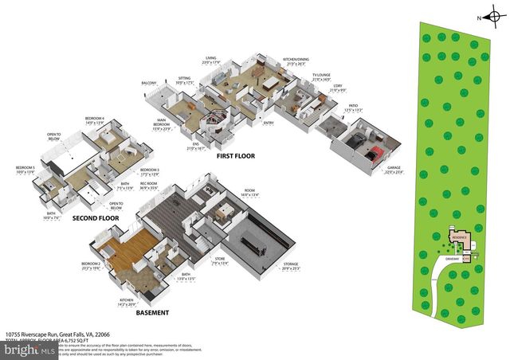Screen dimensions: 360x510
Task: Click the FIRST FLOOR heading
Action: (x=235, y=156)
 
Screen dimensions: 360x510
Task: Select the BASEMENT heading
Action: (x=151, y=313)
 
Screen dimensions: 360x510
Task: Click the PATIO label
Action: (x=352, y=105)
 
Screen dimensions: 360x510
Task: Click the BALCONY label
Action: (x=149, y=82)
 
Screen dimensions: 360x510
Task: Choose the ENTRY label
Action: (x=268, y=123)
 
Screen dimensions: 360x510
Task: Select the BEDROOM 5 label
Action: (x=25, y=169)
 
